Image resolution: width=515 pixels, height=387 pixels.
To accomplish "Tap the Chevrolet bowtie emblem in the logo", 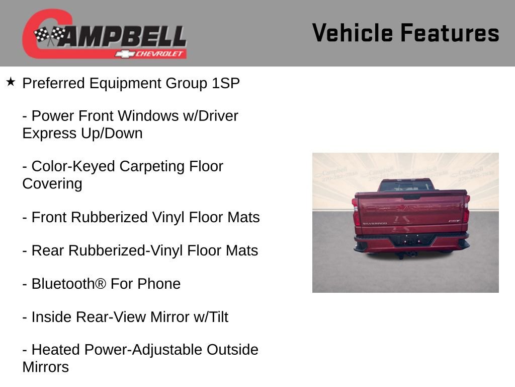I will point(124,53).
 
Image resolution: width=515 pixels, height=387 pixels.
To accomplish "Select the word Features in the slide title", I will point(450,33).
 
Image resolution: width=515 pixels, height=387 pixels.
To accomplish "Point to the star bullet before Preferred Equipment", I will point(11,82).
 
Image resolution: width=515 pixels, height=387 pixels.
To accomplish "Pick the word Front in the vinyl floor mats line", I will point(50,217).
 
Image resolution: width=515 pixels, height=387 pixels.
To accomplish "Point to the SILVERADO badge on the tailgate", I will point(375,223).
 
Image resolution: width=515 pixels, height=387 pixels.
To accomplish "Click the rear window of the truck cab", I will point(405,186).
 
